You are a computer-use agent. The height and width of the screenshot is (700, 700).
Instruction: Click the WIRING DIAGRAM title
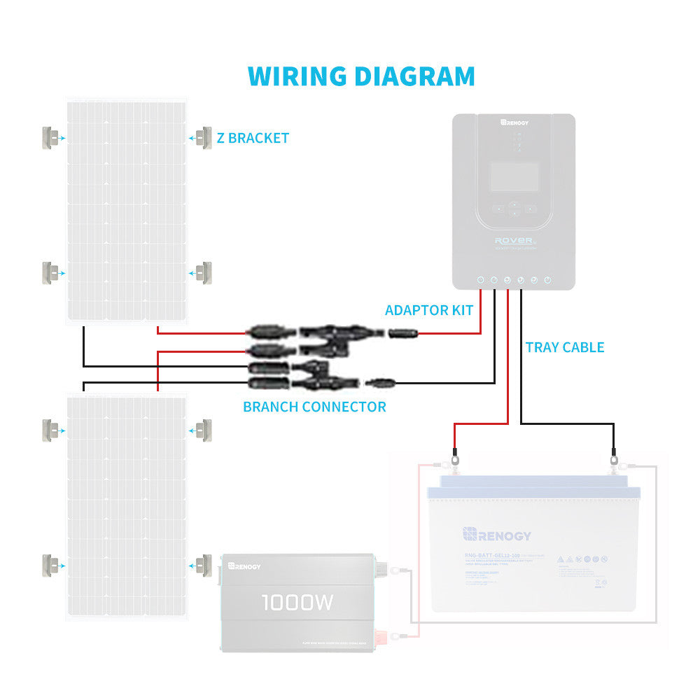tap(361, 76)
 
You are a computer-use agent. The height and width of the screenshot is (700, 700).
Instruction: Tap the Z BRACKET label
tap(252, 138)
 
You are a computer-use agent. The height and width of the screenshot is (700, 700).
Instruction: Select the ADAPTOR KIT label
tap(429, 310)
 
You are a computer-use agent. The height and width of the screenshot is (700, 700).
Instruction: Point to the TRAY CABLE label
tap(564, 347)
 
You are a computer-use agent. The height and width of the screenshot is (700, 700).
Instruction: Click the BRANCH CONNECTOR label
tap(314, 407)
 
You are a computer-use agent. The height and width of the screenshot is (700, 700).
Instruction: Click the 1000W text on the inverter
tap(297, 602)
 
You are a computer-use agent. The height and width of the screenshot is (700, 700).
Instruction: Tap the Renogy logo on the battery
tap(496, 535)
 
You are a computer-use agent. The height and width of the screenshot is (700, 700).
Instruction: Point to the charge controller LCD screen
tap(513, 176)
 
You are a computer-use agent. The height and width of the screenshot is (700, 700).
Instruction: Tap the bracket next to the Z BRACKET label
tap(204, 137)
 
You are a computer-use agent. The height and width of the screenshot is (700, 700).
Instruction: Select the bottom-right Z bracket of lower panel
tap(204, 563)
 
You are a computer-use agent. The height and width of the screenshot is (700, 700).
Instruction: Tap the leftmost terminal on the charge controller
tap(480, 281)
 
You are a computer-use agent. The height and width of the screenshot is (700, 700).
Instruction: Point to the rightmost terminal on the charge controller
tap(547, 281)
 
